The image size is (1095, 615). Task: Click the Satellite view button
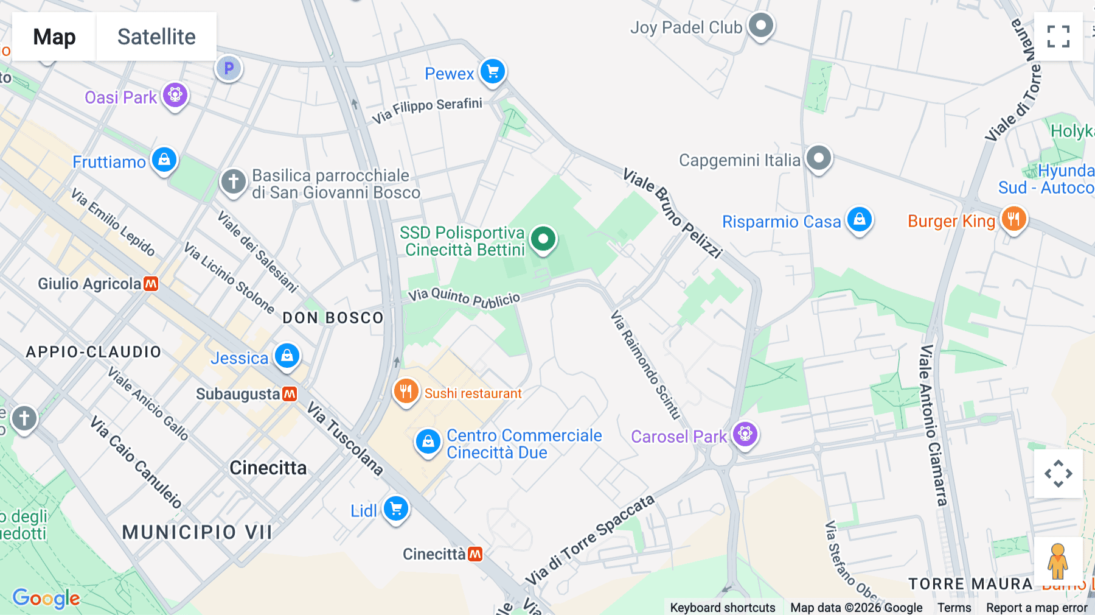pos(156,37)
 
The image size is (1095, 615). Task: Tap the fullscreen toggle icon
pos(1058,37)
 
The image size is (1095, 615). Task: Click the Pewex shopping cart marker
pos(493,72)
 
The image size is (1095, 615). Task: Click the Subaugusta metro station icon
pos(290,394)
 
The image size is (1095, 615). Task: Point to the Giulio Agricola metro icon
pos(151,284)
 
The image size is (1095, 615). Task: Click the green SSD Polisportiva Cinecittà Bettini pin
pos(543,239)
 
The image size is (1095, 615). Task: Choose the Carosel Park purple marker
pos(745,434)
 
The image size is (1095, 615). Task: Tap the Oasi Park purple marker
pos(175,95)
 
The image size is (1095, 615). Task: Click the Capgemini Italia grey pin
pos(819,158)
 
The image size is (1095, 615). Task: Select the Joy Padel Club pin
pos(760,26)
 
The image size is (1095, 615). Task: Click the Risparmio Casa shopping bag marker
pos(860,219)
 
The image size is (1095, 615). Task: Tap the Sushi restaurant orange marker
pos(406,392)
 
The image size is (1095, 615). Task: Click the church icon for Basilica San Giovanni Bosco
pos(234,181)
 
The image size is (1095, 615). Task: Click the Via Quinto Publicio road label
pos(464,298)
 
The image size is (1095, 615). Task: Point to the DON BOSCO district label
pos(333,318)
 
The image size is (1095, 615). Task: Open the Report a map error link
pos(1037,608)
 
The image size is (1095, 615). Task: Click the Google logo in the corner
pos(46,598)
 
